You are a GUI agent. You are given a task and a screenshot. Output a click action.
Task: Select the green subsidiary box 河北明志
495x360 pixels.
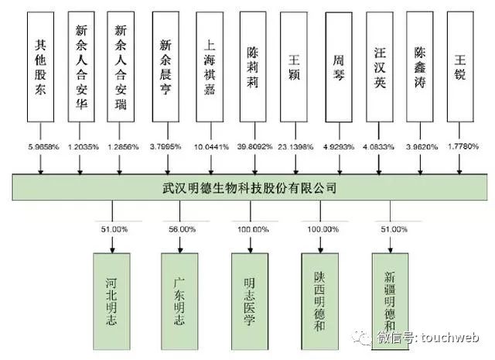[112, 287]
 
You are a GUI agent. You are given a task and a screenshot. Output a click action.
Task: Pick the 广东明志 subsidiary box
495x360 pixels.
[182, 287]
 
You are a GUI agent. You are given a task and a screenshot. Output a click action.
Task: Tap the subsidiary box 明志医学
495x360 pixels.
[252, 287]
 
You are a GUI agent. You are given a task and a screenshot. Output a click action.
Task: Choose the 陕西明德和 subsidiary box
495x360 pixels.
[322, 287]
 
